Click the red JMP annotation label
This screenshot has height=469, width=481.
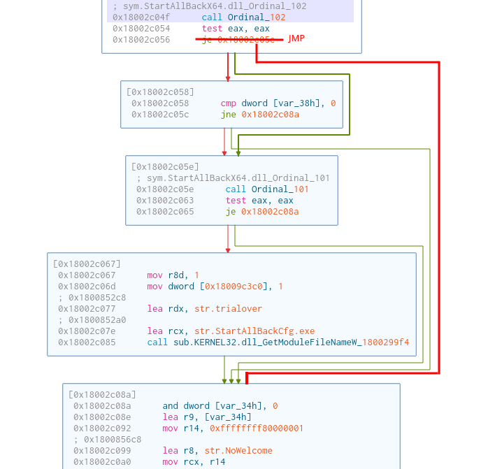(296, 38)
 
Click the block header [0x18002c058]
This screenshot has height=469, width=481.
(160, 92)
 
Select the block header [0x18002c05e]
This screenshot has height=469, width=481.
(165, 166)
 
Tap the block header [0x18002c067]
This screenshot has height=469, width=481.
(87, 264)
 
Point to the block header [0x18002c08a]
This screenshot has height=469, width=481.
(102, 394)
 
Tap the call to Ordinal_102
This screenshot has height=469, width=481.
(259, 17)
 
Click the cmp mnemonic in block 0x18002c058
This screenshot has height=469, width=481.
(229, 103)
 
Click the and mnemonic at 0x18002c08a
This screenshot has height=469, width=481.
(171, 405)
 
